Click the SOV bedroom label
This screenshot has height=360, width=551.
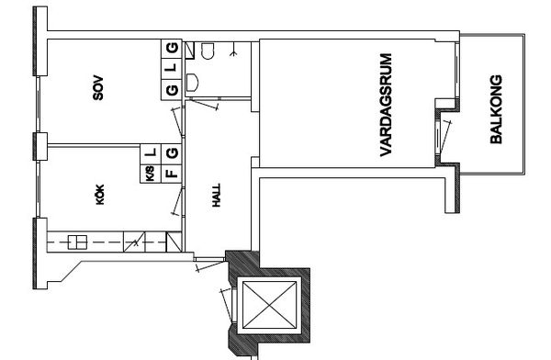tap(98, 88)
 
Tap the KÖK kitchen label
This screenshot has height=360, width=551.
tap(100, 195)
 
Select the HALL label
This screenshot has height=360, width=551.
tap(217, 195)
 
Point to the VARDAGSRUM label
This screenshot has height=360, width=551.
tap(386, 105)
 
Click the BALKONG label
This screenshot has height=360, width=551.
tap(496, 109)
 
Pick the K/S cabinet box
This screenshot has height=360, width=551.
tap(151, 174)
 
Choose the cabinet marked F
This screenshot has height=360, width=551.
tap(172, 174)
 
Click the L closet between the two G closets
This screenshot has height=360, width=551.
tap(172, 68)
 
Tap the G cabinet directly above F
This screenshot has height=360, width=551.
tap(172, 154)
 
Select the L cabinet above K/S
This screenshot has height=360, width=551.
tap(151, 154)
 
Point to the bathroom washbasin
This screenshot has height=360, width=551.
tap(192, 83)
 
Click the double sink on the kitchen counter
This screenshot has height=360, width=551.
tap(77, 242)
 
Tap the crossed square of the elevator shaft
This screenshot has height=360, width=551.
tap(269, 305)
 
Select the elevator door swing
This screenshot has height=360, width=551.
tap(227, 305)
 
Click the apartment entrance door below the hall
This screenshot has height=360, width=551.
tap(209, 264)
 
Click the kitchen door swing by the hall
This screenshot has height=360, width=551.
tap(177, 201)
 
